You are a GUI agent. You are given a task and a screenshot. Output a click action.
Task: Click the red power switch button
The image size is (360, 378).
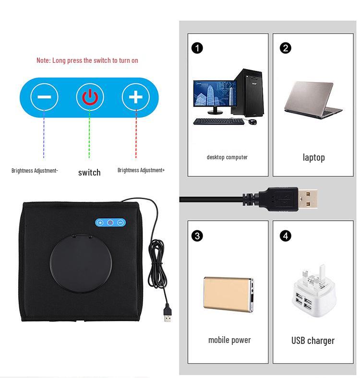90,97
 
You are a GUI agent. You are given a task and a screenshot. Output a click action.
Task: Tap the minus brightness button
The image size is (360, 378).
44,97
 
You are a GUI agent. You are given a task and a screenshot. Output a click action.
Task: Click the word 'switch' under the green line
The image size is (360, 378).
89,172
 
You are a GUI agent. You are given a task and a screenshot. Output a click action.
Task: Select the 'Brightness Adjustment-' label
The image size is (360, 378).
35,170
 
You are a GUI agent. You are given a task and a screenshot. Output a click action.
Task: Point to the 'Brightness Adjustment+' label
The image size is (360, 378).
141,170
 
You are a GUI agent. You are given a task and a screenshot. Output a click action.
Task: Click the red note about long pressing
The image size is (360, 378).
87,60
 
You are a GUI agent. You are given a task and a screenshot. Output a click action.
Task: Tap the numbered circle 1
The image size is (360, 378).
197,48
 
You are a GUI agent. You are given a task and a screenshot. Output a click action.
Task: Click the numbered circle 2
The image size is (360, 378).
285,48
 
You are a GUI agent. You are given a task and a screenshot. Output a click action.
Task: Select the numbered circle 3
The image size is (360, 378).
197,236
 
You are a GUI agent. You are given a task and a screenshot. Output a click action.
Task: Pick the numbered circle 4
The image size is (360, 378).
286,236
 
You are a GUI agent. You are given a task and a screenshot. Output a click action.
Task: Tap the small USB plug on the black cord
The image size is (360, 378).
167,314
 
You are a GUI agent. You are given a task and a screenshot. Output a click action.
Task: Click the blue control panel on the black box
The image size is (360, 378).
110,223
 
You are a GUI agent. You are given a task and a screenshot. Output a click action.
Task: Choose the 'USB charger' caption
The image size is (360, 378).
313,341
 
